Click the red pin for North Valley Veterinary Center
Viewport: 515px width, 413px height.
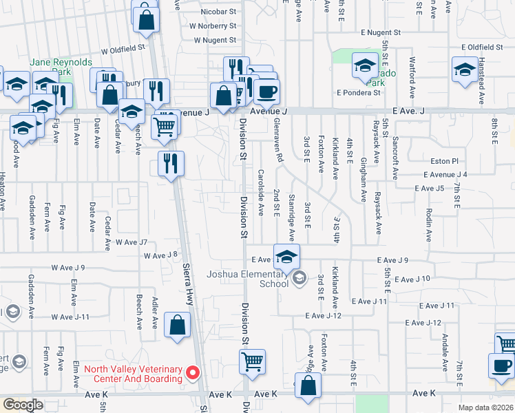[x=193, y=373]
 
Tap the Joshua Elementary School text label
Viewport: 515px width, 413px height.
[x=247, y=279]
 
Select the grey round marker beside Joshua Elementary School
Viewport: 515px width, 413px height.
[x=299, y=278]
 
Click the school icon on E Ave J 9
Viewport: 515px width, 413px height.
[x=286, y=257]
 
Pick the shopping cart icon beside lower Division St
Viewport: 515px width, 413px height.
[x=253, y=361]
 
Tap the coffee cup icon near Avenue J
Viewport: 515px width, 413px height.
[x=266, y=91]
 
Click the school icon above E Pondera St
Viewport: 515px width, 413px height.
[x=364, y=66]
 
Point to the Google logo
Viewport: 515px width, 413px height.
[x=23, y=405]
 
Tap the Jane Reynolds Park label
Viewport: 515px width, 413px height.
[x=61, y=67]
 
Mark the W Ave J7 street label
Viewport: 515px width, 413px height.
[x=132, y=242]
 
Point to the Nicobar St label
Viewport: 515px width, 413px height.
[x=218, y=12]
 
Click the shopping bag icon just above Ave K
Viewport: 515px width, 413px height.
[x=307, y=386]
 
